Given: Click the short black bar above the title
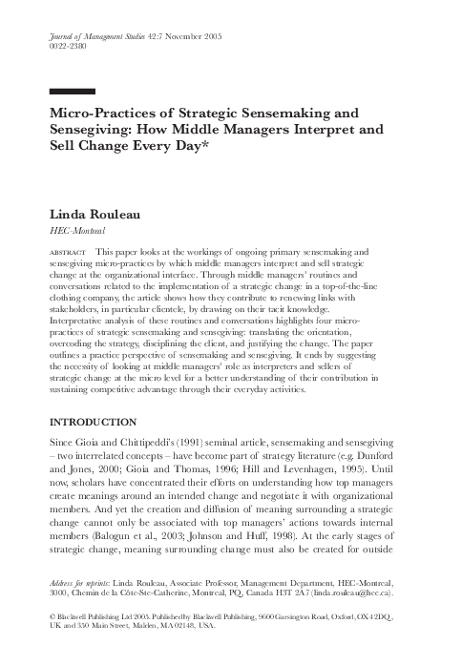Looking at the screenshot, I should [71, 92].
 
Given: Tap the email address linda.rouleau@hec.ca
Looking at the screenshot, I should [365, 592].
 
